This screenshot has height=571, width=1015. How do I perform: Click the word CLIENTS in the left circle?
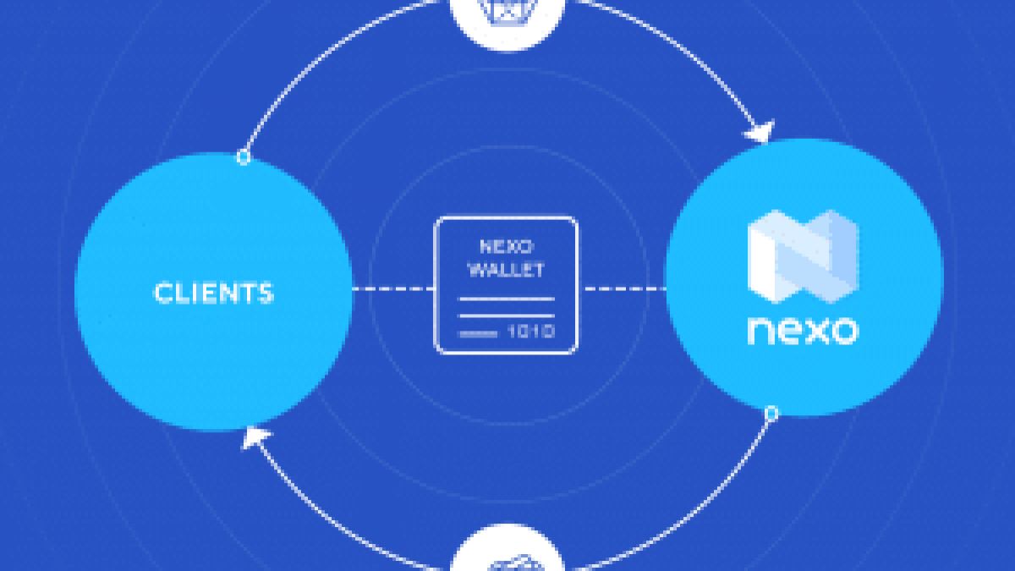click(x=214, y=293)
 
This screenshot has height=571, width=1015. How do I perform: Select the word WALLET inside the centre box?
click(x=506, y=270)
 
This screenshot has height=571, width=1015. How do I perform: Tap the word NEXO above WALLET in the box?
click(x=506, y=246)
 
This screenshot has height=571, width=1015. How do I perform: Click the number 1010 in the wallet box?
click(x=531, y=332)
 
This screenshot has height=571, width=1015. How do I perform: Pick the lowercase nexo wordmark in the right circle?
click(x=803, y=331)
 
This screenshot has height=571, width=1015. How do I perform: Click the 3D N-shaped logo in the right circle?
click(x=803, y=256)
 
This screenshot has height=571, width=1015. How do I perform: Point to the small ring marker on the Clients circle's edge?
click(x=244, y=157)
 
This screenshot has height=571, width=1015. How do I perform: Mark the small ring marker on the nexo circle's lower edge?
click(x=771, y=414)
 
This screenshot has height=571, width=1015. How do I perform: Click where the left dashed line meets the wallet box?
click(x=435, y=288)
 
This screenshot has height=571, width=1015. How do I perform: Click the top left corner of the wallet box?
click(x=436, y=218)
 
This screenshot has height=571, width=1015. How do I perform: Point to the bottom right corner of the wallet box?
click(x=576, y=352)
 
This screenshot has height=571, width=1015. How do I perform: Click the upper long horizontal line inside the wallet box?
click(x=507, y=299)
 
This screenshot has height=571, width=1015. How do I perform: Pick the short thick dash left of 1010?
click(x=478, y=334)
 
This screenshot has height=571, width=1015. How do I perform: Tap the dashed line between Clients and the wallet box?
click(x=393, y=288)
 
